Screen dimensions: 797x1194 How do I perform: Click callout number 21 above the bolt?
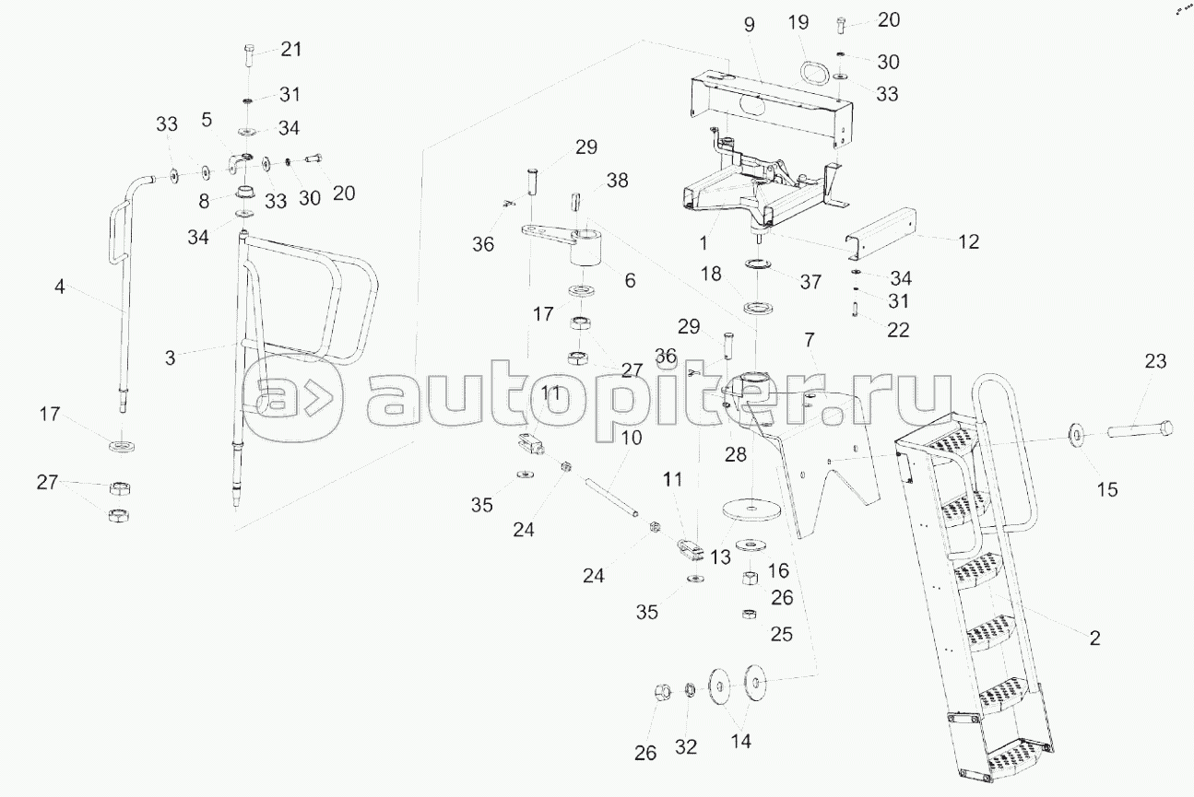(290, 50)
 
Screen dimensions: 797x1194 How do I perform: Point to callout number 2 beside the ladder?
(1094, 637)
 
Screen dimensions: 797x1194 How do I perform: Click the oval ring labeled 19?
(812, 72)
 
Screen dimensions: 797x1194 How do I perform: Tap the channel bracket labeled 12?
(886, 234)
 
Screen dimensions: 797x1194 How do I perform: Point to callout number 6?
(630, 280)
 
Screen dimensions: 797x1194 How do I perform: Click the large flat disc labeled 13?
(748, 508)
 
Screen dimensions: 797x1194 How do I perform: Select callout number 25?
(781, 635)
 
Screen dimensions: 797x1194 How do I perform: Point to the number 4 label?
(60, 287)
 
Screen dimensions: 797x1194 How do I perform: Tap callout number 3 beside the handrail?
(170, 357)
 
